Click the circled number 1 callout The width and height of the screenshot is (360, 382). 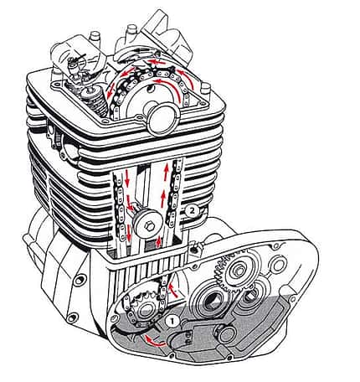click(172, 322)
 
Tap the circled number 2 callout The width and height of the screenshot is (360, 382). click(192, 211)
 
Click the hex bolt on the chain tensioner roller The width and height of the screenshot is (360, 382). click(150, 227)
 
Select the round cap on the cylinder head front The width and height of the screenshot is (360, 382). click(163, 119)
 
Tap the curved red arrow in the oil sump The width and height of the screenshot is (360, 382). click(154, 341)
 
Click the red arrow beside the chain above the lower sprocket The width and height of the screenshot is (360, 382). click(172, 291)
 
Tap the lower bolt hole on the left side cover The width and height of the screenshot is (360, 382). click(73, 317)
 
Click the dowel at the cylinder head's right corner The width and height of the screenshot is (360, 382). click(205, 88)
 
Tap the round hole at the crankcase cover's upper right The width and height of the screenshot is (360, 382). click(279, 265)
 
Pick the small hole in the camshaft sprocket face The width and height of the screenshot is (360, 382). click(152, 89)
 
